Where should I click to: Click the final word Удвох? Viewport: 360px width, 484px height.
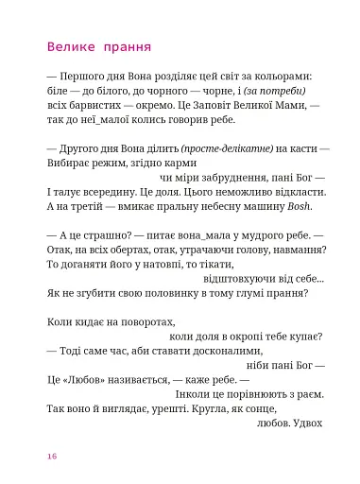(x=307, y=423)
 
